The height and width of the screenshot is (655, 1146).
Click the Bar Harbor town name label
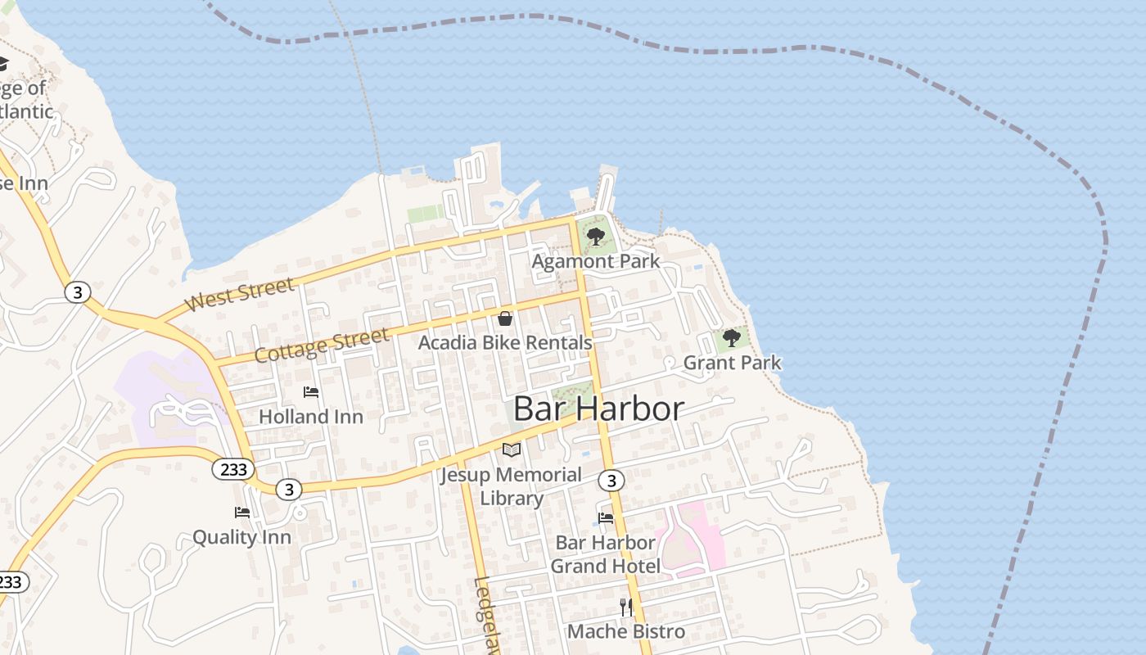pyautogui.click(x=598, y=409)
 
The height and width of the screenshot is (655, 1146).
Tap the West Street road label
pyautogui.click(x=239, y=295)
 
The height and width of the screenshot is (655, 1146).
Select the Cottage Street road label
pyautogui.click(x=321, y=346)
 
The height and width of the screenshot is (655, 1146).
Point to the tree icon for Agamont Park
pyautogui.click(x=596, y=237)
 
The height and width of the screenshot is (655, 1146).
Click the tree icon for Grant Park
pyautogui.click(x=732, y=338)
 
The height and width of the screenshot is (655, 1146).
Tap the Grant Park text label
pyautogui.click(x=732, y=363)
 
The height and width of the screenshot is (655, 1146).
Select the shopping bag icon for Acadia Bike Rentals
pyautogui.click(x=505, y=318)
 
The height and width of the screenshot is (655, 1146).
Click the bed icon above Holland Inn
pyautogui.click(x=311, y=392)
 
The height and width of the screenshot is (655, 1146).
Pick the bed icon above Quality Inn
pyautogui.click(x=242, y=513)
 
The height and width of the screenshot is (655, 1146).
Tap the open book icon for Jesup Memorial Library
pyautogui.click(x=512, y=449)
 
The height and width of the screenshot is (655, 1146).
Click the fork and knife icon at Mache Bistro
pyautogui.click(x=626, y=607)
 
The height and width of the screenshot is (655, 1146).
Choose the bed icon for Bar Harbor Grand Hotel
pyautogui.click(x=606, y=517)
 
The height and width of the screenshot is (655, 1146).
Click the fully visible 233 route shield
pyautogui.click(x=233, y=469)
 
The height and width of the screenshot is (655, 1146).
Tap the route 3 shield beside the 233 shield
pyautogui.click(x=288, y=490)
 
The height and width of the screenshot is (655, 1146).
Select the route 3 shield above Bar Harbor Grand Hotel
pyautogui.click(x=611, y=480)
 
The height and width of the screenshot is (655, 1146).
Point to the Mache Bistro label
pyautogui.click(x=626, y=631)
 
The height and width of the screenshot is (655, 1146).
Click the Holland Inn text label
pyautogui.click(x=311, y=417)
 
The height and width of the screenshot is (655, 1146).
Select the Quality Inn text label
pyautogui.click(x=241, y=537)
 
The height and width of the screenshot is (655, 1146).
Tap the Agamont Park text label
pyautogui.click(x=596, y=261)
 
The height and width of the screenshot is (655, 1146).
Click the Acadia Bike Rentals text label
pyautogui.click(x=505, y=342)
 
